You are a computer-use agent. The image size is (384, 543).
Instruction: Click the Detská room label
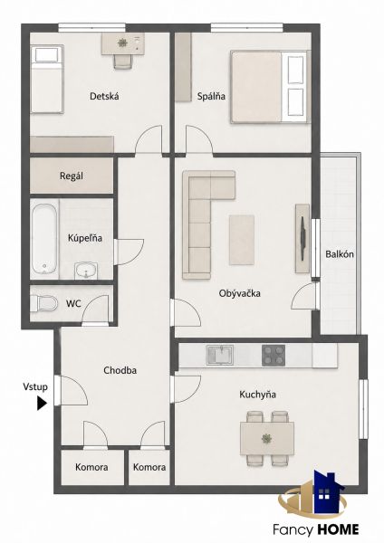104,96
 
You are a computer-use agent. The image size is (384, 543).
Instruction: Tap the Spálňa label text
211,96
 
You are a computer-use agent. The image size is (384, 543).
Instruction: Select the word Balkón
340,254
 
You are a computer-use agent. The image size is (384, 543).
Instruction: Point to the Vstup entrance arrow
42,403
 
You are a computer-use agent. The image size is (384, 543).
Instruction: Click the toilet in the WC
43,303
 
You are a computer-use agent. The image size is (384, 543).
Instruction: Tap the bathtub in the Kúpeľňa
44,239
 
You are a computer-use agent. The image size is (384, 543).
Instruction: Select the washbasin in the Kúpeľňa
86,271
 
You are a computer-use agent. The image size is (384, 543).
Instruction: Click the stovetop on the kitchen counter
274,356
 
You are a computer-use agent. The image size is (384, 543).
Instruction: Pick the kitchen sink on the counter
220,355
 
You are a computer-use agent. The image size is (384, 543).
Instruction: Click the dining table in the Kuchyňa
267,438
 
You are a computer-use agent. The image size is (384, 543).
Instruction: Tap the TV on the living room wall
302,238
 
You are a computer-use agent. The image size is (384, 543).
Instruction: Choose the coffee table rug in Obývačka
242,240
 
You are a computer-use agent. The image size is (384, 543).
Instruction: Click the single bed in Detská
47,80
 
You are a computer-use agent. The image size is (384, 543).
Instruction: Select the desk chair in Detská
122,62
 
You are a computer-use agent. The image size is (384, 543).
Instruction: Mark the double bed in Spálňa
269,87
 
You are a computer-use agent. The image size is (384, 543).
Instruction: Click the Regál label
72,176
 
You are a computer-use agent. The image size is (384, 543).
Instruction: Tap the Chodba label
120,370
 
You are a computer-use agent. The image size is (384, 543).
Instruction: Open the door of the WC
95,310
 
